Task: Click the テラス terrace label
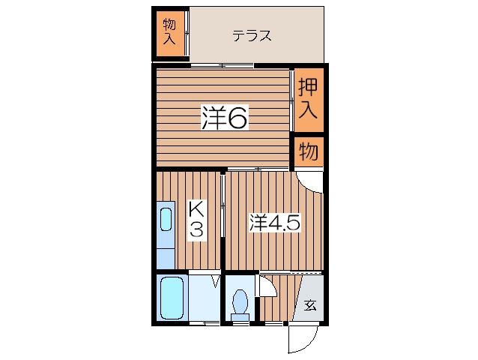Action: click(x=252, y=36)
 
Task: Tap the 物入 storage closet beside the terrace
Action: click(x=170, y=34)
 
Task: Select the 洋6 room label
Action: click(x=224, y=118)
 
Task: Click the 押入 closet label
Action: click(x=308, y=98)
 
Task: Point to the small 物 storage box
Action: click(x=309, y=151)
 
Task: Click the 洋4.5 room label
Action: click(x=275, y=223)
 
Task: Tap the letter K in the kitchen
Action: click(x=196, y=209)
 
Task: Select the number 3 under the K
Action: click(x=196, y=229)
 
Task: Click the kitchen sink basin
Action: click(x=166, y=219)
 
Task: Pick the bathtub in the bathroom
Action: click(x=172, y=298)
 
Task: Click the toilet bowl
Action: click(x=240, y=301)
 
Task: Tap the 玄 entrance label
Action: click(x=310, y=305)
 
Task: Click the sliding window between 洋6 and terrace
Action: click(x=223, y=65)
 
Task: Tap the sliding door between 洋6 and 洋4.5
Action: click(x=258, y=169)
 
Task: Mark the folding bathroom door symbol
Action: click(x=216, y=281)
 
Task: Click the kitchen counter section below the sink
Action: click(x=166, y=259)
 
